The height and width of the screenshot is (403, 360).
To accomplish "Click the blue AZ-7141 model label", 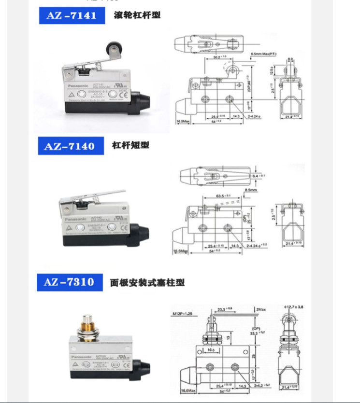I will coord(71,15).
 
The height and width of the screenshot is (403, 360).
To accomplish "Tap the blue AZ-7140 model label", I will coord(71,146).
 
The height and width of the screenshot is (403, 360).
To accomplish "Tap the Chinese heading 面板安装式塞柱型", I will coord(147,282).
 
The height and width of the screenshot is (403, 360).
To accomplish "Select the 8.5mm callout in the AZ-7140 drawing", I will coord(251,190).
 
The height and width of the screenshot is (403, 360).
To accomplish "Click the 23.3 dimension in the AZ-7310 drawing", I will coord(224,307).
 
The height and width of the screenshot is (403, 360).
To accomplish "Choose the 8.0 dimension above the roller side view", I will coord(290,60).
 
